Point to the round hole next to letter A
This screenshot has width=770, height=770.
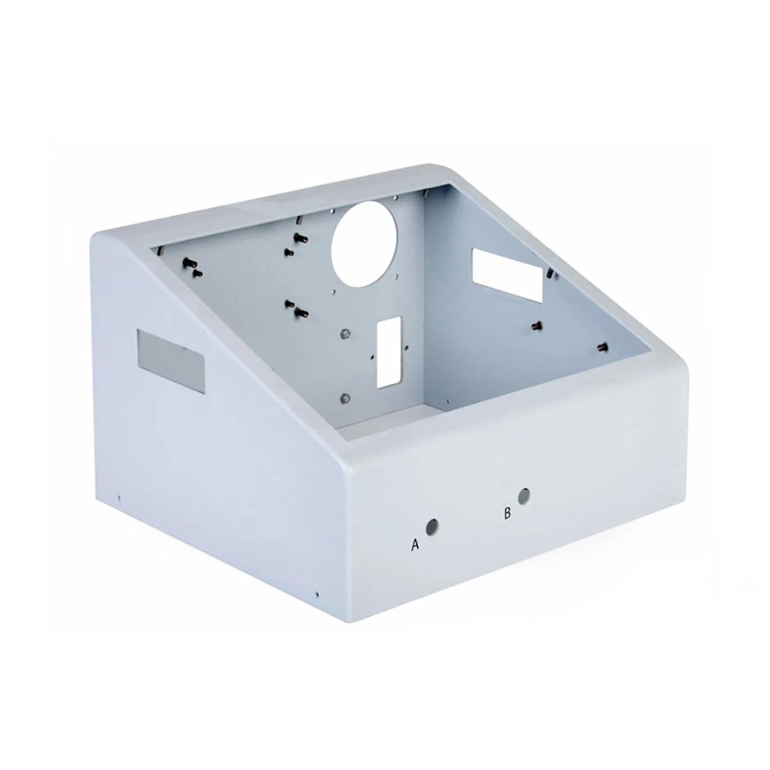(432, 527)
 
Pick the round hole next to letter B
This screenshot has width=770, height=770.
(524, 496)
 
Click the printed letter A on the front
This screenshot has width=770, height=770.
(415, 545)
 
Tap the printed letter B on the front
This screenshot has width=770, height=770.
(507, 513)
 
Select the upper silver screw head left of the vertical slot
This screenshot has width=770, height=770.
(345, 334)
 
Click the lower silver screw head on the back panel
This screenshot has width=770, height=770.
(345, 397)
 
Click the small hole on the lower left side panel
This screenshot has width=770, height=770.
(119, 497)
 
